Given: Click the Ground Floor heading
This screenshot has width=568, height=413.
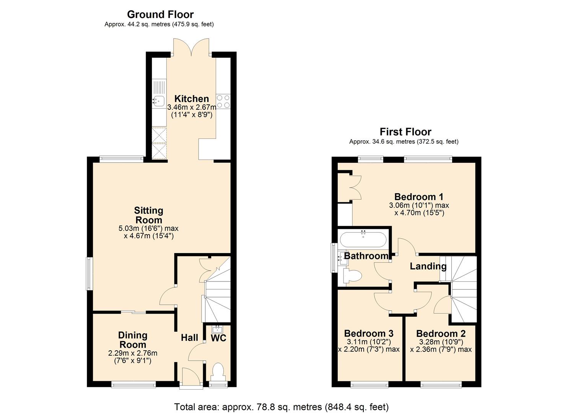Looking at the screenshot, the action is pos(160,15).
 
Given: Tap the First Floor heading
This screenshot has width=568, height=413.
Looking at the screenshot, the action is pos(405,132).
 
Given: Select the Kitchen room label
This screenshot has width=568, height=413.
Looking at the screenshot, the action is pos(192,99).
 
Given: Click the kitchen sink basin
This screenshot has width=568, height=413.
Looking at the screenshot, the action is pos(159,101).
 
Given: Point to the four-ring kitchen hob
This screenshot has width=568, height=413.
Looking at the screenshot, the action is pos(223,101).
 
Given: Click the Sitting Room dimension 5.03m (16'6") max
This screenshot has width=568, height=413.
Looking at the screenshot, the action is pos(148,228).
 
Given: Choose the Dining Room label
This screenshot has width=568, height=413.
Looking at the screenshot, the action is pos(133,340).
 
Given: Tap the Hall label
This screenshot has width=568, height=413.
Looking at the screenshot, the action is pos(189,338).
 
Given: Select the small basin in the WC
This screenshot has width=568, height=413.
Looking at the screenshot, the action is pos(217,330).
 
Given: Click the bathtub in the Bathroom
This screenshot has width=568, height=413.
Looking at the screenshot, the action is pos(363,239).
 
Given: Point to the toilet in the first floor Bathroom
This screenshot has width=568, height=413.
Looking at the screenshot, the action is pos(352,276).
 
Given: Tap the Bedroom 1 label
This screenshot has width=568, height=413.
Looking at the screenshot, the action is pos(419,197).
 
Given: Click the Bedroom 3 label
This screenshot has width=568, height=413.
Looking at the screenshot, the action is pos(369,333).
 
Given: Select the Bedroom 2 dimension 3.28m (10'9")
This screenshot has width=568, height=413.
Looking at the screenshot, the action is pos(441,342).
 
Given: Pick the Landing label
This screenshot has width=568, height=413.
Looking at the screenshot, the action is pos(428,267).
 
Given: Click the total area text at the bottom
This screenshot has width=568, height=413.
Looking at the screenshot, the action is pos(281,407).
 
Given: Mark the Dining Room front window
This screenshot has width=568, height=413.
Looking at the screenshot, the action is pos(133,385).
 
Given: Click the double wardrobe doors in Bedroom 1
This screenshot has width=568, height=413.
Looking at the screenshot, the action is pos(355,188).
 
